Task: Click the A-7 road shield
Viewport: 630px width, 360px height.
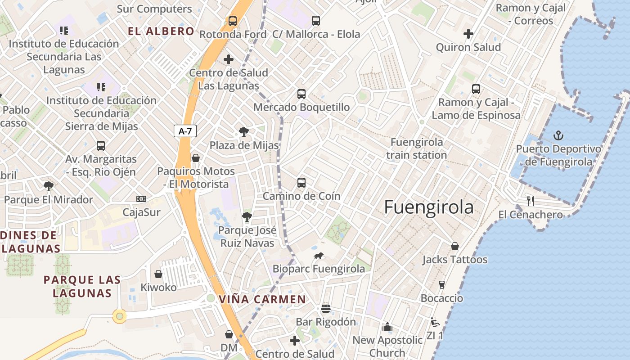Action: click(x=185, y=131)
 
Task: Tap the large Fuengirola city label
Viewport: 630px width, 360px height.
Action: click(x=429, y=207)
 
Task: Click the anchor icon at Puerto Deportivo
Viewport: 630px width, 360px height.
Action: click(x=558, y=135)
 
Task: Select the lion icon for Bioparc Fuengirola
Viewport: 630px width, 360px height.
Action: click(x=319, y=256)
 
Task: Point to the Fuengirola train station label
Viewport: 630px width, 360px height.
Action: click(x=417, y=148)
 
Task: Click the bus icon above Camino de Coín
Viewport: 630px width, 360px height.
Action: click(x=301, y=183)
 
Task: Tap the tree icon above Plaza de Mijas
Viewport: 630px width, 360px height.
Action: click(x=243, y=132)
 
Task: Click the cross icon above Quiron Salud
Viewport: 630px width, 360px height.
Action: click(x=468, y=33)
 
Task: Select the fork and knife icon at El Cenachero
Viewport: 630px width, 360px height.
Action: click(x=531, y=201)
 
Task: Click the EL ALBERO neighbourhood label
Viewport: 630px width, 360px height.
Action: click(x=161, y=31)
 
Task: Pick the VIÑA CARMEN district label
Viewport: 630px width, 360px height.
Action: click(x=262, y=299)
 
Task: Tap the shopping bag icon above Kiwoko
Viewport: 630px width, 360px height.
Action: click(x=158, y=274)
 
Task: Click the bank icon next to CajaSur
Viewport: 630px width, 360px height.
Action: click(x=141, y=199)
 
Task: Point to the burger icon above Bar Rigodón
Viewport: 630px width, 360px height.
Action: click(x=326, y=309)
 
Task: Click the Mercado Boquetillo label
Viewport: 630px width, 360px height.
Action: click(x=301, y=107)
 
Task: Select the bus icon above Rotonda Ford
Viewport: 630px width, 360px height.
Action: click(x=232, y=21)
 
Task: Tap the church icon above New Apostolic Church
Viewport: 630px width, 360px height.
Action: click(x=387, y=327)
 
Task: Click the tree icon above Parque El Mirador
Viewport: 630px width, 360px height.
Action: click(x=48, y=186)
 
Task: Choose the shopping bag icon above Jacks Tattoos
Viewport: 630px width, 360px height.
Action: click(x=455, y=246)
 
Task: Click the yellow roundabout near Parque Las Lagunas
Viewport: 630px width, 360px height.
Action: click(x=119, y=316)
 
